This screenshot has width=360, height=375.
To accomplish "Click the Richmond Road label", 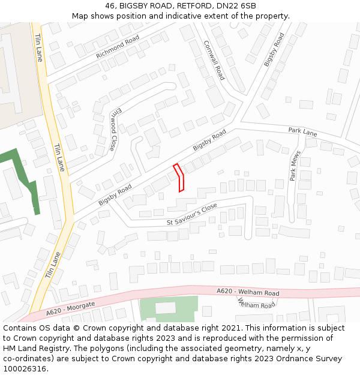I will (118, 47).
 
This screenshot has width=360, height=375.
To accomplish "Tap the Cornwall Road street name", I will (214, 61).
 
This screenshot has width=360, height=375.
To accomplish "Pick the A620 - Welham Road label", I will (248, 292).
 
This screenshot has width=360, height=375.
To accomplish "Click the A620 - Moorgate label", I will (70, 308).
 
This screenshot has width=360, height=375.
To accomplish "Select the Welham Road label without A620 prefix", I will (256, 304).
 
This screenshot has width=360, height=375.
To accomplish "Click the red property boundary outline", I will (179, 178).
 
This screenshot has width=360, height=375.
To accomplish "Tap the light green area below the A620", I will (168, 309).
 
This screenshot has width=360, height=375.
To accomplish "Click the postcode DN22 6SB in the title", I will (238, 6).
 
